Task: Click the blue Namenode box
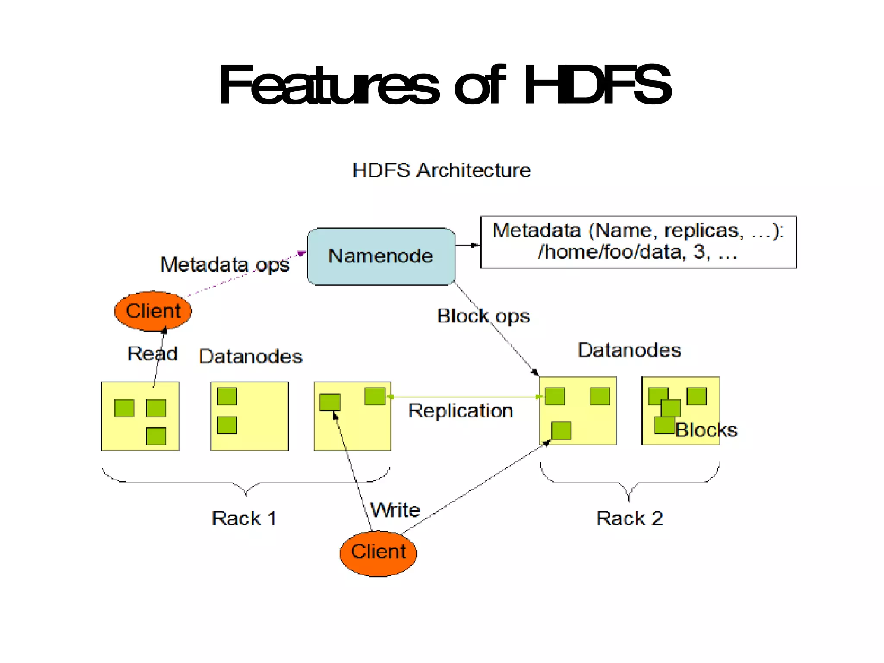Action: point(381,256)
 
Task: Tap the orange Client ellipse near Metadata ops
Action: point(153,311)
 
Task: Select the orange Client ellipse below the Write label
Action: point(378,553)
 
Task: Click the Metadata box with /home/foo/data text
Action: point(638,242)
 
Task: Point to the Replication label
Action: point(461,410)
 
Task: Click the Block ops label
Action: point(483,316)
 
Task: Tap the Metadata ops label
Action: point(224,264)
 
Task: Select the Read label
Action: point(152,354)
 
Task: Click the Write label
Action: point(395,510)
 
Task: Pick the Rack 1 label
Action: point(244,518)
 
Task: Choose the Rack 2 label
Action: point(629,518)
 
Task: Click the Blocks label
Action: point(706,430)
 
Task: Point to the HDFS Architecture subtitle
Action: point(441,170)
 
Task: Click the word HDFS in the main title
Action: point(597,85)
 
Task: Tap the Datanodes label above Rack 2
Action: point(629,350)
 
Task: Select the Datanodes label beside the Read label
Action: point(250,357)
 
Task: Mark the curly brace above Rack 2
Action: point(629,483)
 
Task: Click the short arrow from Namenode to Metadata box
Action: point(467,245)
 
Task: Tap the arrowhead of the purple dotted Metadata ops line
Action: point(302,253)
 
